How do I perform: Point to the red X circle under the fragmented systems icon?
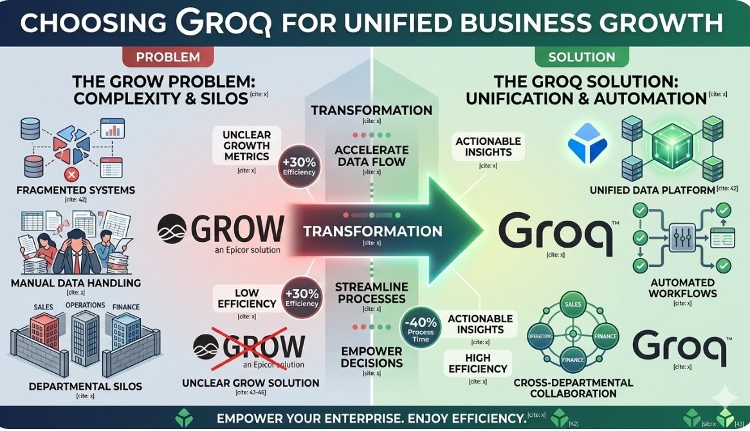click(73, 174)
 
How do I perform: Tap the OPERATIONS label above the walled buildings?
click(86, 306)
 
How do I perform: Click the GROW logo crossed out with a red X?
click(249, 347)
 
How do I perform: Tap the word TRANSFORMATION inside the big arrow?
click(373, 231)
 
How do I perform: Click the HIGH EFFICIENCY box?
click(478, 363)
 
